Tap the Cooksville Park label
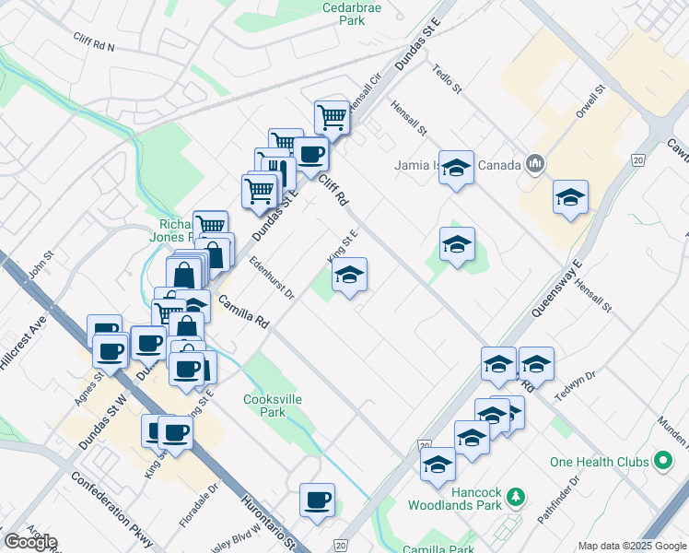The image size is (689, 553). click(265, 406)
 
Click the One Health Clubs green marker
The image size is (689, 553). click(662, 462)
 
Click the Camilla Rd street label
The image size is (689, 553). click(243, 312)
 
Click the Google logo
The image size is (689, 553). click(30, 542)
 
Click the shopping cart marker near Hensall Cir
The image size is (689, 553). click(332, 116)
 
